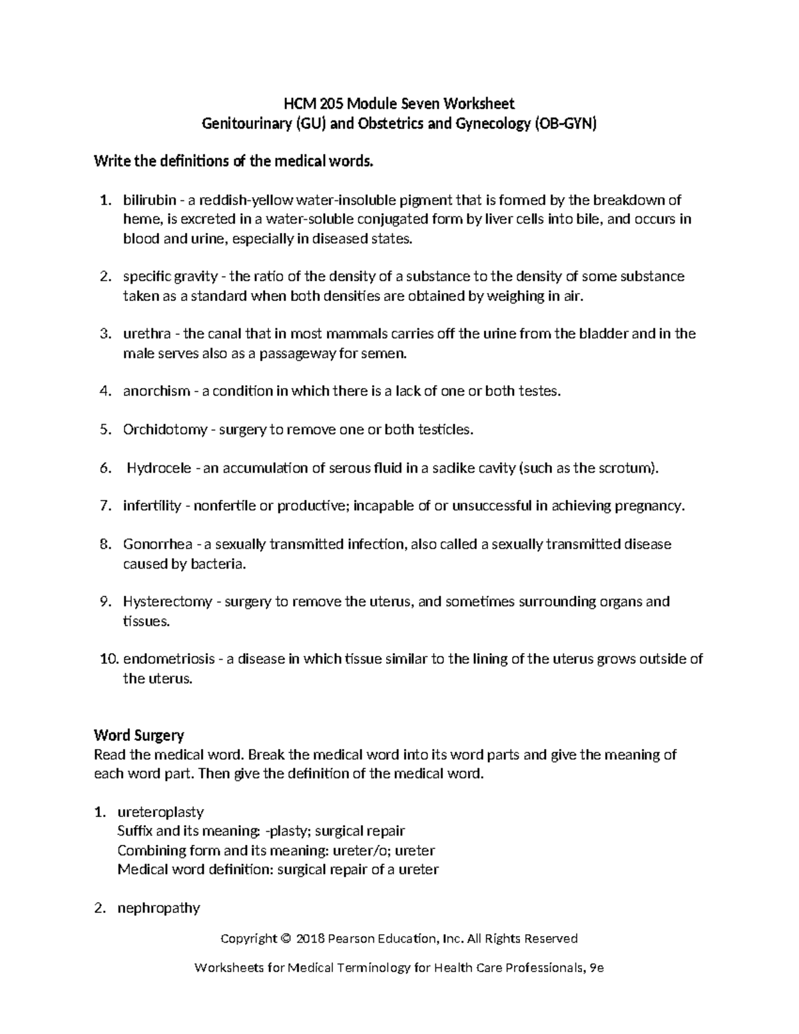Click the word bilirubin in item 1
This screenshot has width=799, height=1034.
[x=150, y=200]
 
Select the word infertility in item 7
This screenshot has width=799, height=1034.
[x=152, y=506]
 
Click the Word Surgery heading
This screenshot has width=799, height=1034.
[x=138, y=736]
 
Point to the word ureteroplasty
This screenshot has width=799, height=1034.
[x=160, y=812]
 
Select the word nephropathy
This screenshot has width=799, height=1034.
[x=158, y=908]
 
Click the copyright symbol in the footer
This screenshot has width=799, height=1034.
[x=286, y=939]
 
